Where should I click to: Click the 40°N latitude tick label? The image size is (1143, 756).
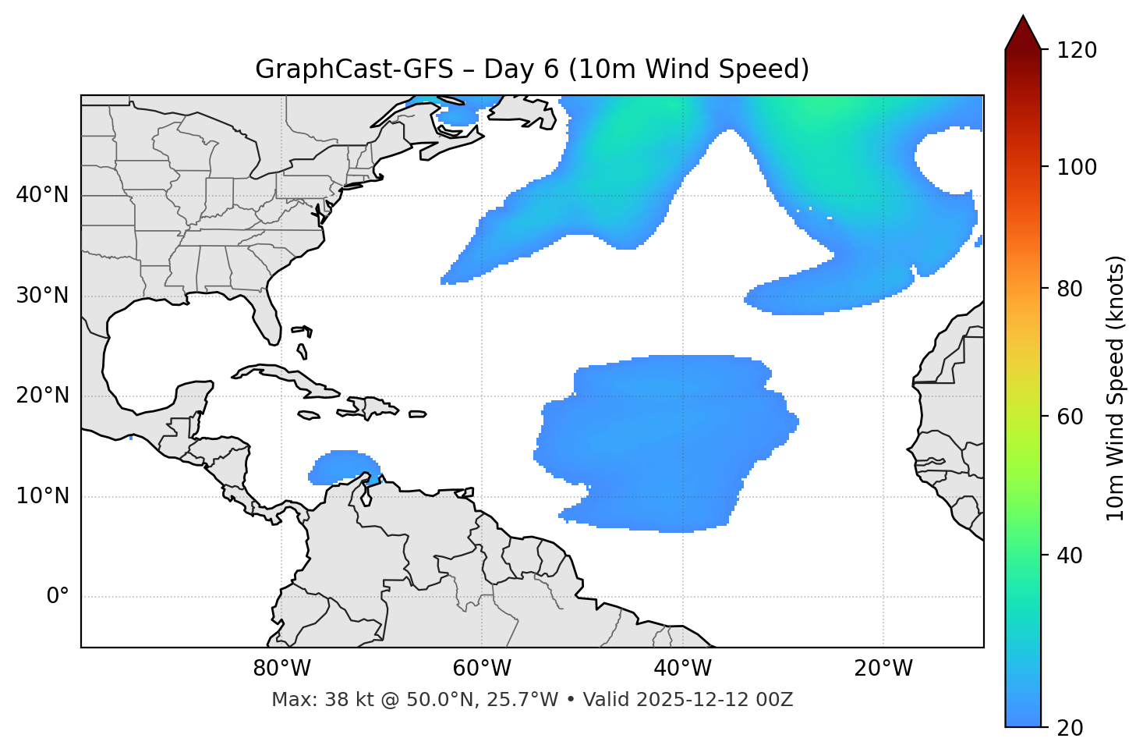point(42,195)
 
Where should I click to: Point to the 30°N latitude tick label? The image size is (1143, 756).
point(42,296)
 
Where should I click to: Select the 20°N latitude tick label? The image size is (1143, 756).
point(42,396)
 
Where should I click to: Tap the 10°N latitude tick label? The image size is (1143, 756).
point(42,496)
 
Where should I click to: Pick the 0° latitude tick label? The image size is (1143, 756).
point(57,597)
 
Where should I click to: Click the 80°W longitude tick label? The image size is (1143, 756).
point(281,669)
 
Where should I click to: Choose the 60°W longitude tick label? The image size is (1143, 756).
point(482,669)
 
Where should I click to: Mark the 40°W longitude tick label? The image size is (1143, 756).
point(682,669)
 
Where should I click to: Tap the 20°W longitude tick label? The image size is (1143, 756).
point(883,669)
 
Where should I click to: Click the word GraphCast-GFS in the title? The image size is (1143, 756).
point(354,69)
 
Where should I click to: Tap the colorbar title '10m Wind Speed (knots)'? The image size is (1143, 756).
point(1116,388)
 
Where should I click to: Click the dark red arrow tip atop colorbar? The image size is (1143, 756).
point(1022,31)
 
